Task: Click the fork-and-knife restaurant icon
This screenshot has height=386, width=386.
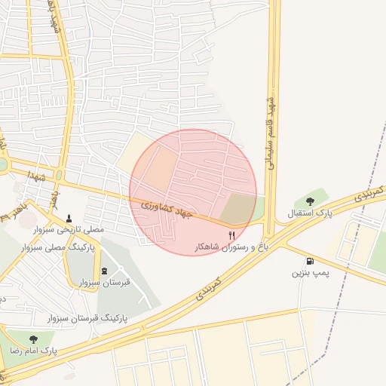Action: coord(232,235)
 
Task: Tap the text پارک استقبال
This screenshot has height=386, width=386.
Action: coord(310,213)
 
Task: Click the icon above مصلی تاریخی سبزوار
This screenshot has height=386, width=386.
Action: coord(70,216)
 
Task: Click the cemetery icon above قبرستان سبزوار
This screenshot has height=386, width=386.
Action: coord(104,271)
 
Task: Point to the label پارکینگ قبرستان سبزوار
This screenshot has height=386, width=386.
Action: coord(91,318)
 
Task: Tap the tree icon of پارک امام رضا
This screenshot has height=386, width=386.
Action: coord(33,339)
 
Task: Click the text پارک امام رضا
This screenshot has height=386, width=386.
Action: coord(33,351)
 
